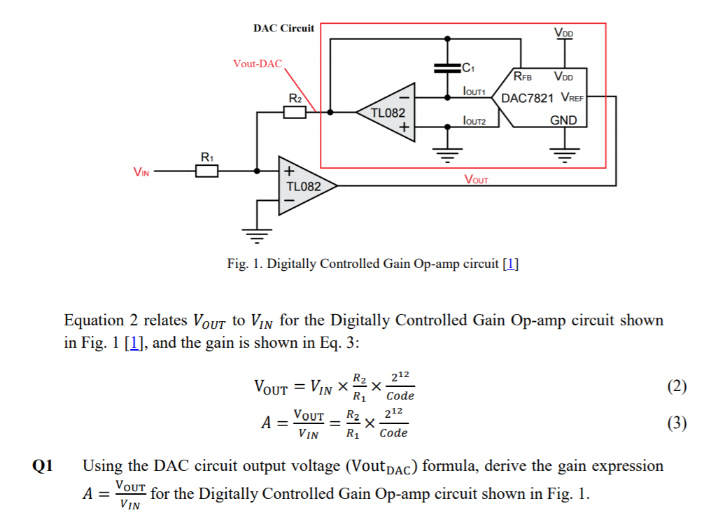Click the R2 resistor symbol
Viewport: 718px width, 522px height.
295,111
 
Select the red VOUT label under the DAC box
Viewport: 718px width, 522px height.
477,179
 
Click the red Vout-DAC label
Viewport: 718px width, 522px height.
257,64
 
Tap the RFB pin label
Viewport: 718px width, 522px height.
522,76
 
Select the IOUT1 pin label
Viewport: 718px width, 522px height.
474,92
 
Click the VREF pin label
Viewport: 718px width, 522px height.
572,99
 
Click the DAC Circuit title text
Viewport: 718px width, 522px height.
283,29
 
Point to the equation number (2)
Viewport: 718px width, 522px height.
676,386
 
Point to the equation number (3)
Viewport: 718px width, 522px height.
676,423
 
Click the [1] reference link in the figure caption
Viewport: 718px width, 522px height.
511,264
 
